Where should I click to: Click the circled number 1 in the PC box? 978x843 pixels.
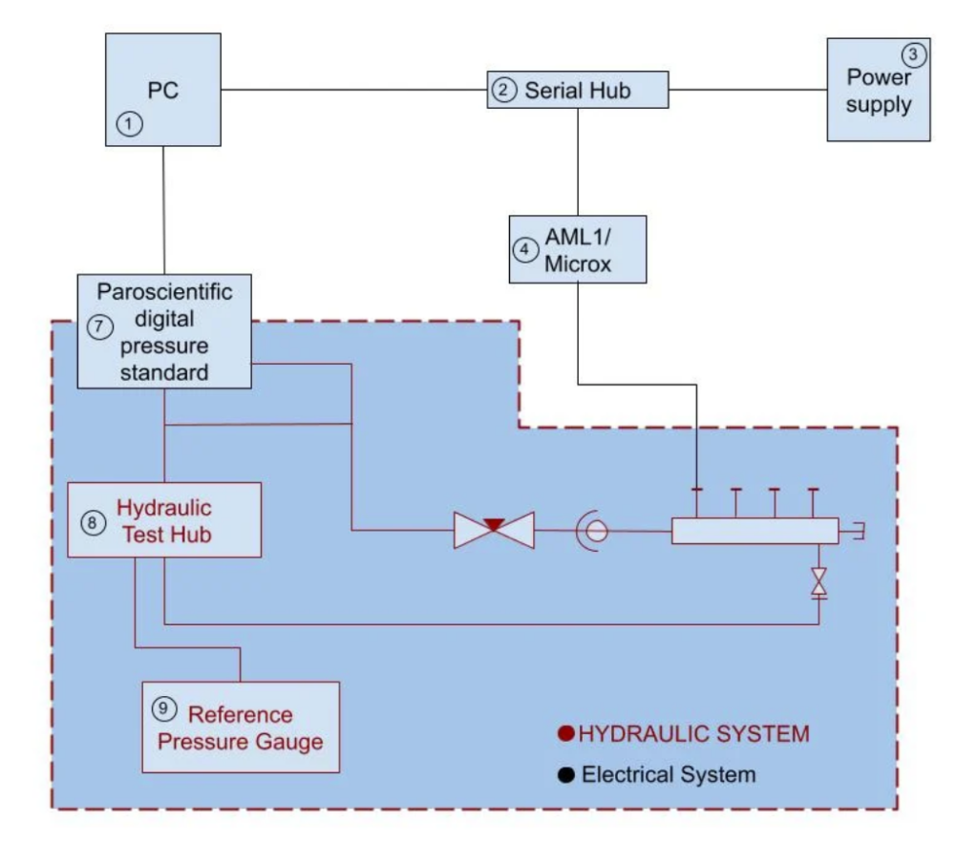130,123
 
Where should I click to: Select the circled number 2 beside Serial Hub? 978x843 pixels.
503,92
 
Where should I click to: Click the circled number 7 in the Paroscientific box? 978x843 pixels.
100,325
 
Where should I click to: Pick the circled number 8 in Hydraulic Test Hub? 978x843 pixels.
91,522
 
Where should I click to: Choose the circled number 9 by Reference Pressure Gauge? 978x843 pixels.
164,707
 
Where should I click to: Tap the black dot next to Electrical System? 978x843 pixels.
566,774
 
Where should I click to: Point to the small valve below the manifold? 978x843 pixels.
819,583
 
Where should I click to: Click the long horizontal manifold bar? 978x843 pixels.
755,531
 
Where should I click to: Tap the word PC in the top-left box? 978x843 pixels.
164,91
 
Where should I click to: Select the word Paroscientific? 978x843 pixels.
164,288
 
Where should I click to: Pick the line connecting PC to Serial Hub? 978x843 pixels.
353,91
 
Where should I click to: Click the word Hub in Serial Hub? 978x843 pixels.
608,92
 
